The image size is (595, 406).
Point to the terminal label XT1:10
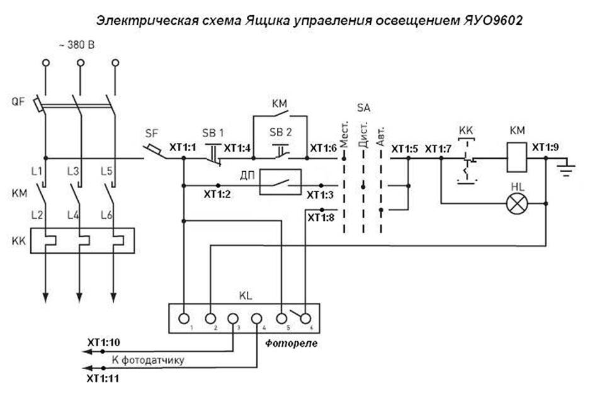click(103, 342)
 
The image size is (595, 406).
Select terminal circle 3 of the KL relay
click(233, 318)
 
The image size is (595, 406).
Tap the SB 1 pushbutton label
click(212, 133)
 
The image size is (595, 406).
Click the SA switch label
click(363, 108)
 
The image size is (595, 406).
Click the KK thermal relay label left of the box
click(18, 241)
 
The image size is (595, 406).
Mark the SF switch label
click(152, 133)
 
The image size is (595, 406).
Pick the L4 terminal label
click(73, 217)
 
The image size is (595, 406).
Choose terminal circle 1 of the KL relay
click(184, 318)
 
